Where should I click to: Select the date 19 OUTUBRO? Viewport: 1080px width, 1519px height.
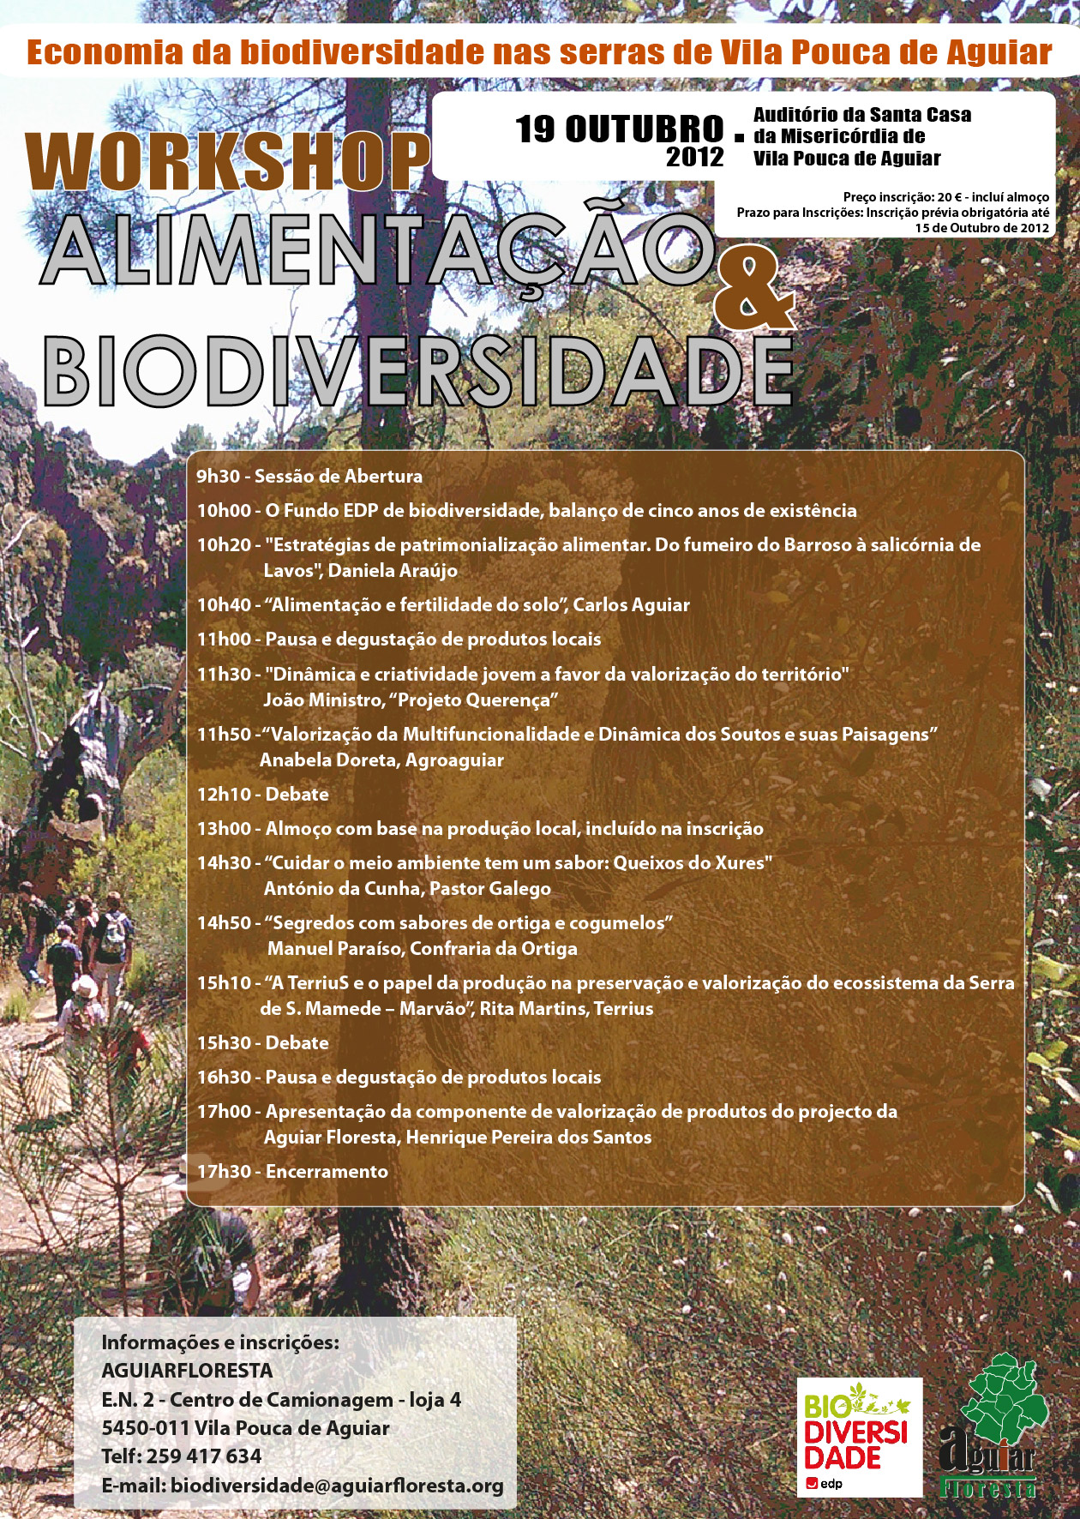[619, 129]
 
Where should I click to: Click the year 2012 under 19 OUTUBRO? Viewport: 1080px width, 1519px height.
[694, 157]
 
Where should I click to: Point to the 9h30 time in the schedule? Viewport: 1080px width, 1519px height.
[219, 477]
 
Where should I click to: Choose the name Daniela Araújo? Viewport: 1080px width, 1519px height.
[393, 571]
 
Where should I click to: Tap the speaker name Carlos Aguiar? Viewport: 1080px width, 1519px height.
[631, 605]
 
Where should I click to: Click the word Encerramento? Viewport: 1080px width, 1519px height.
[327, 1172]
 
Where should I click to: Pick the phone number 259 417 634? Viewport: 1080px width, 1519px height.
[204, 1456]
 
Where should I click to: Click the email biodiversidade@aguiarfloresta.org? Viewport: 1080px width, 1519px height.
[337, 1485]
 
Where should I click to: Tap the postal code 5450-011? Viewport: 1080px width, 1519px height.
[145, 1428]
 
